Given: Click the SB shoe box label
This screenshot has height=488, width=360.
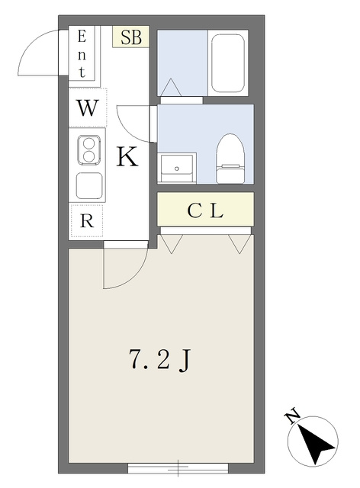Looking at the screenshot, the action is pos(130,37).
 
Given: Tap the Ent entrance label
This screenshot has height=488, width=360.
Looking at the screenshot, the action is pos(82,54).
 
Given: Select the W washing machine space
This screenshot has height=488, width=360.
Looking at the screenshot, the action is pos(88,108).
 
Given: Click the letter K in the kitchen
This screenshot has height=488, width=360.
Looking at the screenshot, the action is pos(127,156).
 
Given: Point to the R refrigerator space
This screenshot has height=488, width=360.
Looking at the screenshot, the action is pos(87,220).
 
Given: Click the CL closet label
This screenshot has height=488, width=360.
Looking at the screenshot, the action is pos(205,210).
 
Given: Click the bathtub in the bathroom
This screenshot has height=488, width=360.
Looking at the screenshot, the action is pos(227,63).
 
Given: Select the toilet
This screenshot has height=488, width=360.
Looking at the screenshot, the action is pos(230,159).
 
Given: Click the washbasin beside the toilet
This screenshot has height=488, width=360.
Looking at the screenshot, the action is pos(177,168).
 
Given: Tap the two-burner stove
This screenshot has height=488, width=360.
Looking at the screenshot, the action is pos(88,149).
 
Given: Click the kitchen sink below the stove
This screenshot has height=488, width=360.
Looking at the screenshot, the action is pos(89,185).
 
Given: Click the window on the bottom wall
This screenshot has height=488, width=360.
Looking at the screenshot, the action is pos(178,467).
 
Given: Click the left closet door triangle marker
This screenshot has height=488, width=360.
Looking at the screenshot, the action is pos(171,244).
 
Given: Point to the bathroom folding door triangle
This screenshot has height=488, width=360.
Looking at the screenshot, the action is pos(170,88).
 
